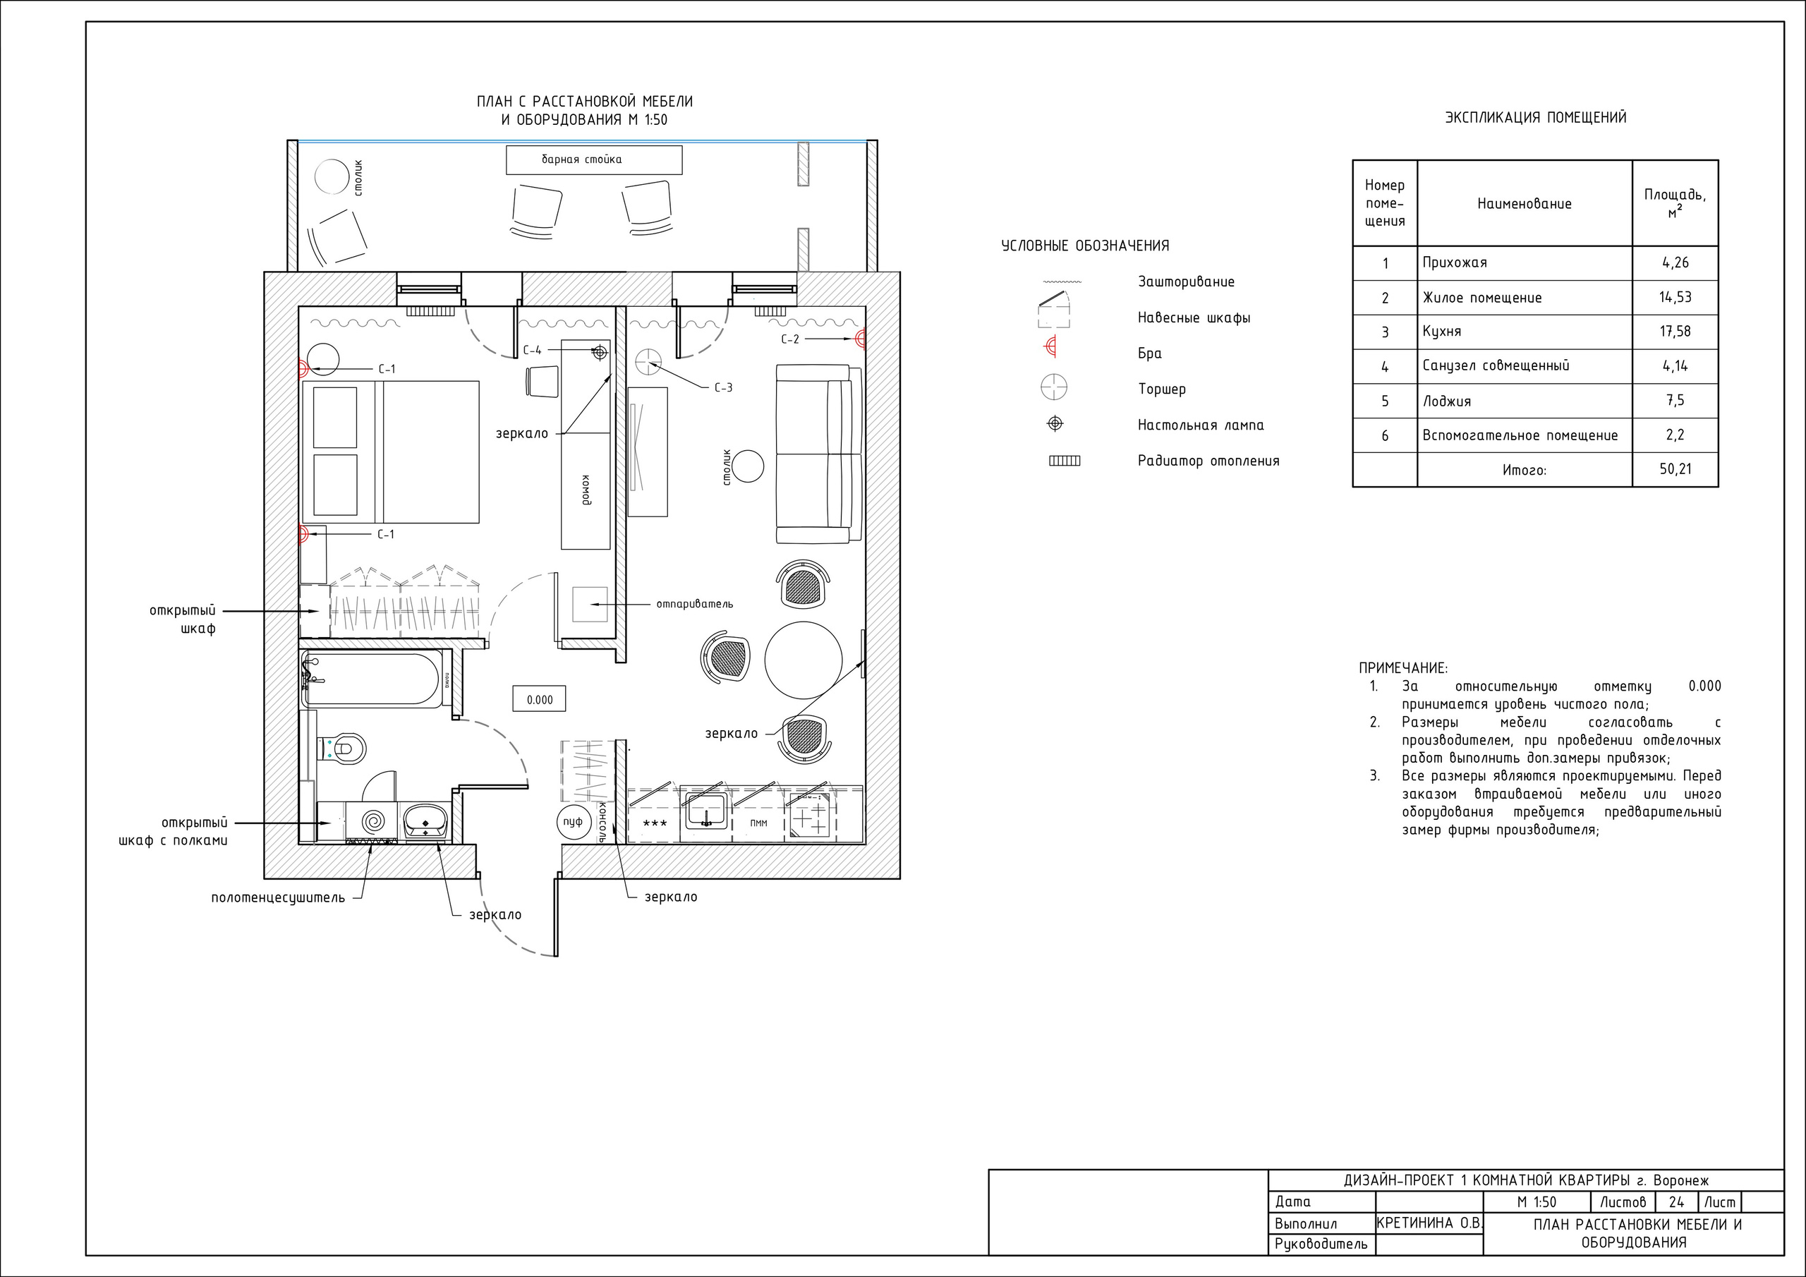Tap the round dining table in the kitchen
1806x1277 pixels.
803,660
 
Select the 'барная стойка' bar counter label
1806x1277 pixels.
581,159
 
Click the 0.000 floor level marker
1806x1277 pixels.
539,699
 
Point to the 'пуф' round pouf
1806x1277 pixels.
573,821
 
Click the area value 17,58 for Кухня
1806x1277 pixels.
1675,332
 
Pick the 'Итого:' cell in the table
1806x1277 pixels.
1525,471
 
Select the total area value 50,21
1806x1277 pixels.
1675,469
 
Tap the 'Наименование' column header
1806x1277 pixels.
1525,204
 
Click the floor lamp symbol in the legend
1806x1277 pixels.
1054,387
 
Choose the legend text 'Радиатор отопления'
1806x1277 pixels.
1208,461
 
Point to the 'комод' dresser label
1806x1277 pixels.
586,490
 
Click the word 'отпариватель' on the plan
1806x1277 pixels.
695,604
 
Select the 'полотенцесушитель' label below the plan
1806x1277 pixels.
278,897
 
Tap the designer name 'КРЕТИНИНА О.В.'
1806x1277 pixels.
1429,1223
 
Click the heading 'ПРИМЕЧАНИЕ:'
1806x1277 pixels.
1403,669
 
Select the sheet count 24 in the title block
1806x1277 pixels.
1676,1202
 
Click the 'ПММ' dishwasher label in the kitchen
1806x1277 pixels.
758,823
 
